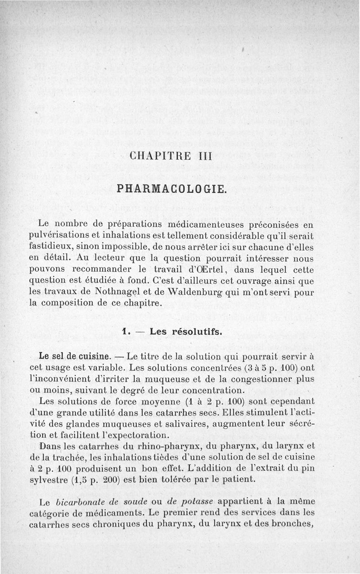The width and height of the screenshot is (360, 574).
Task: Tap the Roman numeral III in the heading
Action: [x=207, y=157]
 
